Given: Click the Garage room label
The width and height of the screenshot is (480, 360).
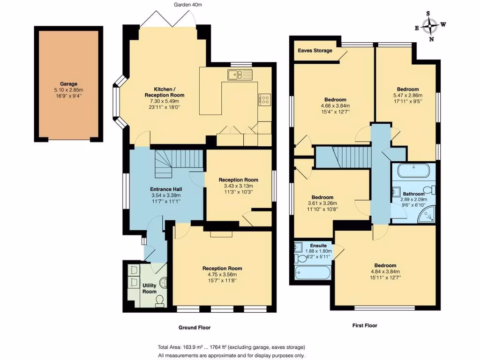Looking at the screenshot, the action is coord(68,83).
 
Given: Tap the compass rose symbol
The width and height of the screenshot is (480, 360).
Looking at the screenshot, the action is coord(430,26).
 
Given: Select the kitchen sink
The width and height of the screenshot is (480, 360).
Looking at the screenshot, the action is coord(240,75).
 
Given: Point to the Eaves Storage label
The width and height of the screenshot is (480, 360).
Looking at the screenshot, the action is coord(315,51).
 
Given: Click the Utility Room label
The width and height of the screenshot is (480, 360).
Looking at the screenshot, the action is coord(150,288).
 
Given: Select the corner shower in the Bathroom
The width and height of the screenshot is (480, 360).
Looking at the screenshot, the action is coord(427,213).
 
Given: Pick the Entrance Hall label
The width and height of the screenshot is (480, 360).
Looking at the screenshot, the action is coord(166,189).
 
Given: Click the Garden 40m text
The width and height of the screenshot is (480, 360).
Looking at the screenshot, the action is coord(188,5).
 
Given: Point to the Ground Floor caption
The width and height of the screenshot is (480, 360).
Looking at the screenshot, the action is coord(195,328).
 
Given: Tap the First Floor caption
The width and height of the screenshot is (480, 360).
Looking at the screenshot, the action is coord(365,325).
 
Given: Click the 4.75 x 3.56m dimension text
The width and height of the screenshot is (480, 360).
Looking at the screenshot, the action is coord(222,274).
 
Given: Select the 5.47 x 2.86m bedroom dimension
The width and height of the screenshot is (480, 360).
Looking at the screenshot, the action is coord(408,95).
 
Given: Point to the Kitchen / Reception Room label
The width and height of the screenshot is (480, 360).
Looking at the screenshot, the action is coord(165,92).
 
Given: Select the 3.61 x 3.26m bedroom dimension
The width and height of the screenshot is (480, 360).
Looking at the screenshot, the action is coord(322,203).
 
